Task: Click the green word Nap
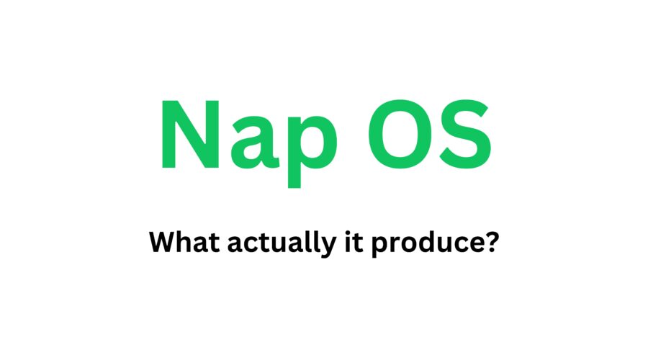click(x=244, y=137)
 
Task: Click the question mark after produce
click(x=492, y=243)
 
